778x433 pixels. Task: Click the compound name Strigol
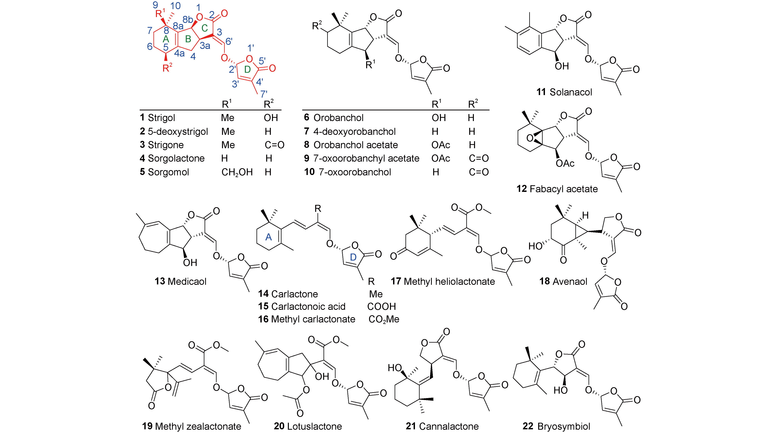pyautogui.click(x=161, y=118)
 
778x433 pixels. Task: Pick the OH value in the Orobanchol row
pyautogui.click(x=439, y=118)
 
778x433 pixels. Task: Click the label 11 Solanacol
pyautogui.click(x=564, y=92)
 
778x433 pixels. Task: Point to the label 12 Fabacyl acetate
pyautogui.click(x=557, y=189)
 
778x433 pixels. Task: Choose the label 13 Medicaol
pyautogui.click(x=180, y=281)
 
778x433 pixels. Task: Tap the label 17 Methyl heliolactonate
pyautogui.click(x=443, y=281)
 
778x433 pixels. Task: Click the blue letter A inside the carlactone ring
pyautogui.click(x=269, y=237)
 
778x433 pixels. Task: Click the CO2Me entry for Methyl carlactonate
pyautogui.click(x=384, y=319)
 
